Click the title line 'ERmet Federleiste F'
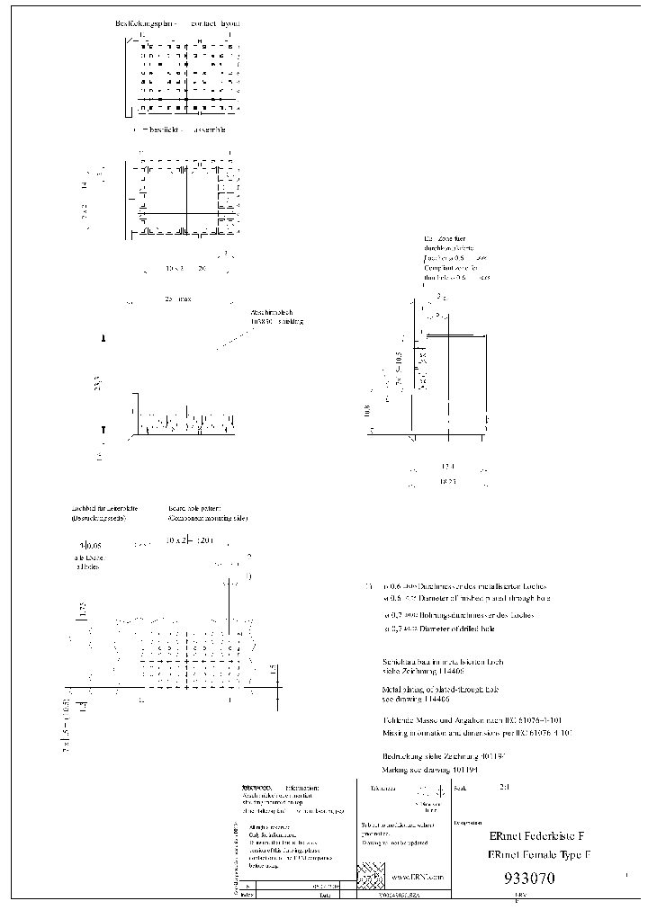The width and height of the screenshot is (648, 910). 535,835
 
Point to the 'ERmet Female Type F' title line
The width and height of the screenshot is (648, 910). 538,855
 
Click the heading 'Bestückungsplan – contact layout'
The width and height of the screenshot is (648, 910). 177,22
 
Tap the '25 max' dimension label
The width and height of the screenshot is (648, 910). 178,299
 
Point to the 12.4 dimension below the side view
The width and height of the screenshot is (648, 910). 448,467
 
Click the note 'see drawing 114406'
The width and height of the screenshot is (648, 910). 424,699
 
